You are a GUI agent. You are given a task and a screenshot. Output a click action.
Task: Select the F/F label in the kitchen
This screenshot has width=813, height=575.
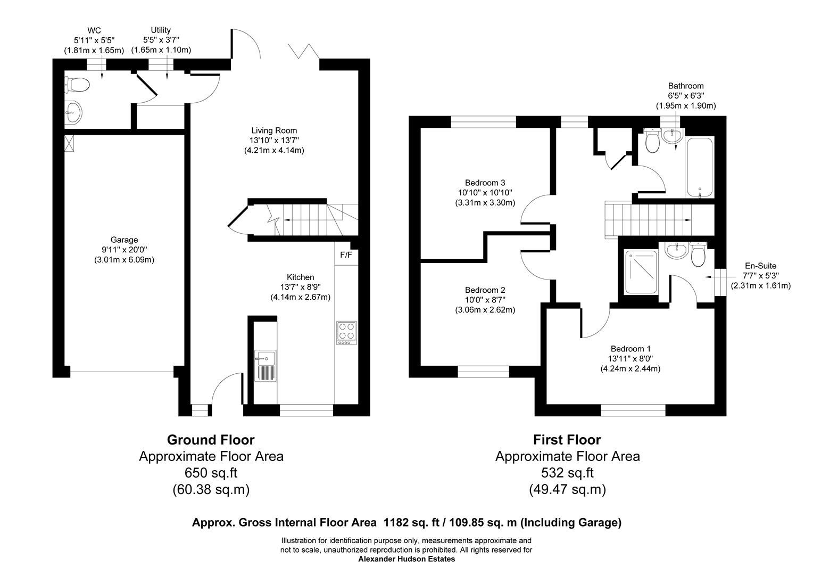point(346,255)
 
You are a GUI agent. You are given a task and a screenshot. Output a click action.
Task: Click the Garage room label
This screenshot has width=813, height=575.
point(124,240)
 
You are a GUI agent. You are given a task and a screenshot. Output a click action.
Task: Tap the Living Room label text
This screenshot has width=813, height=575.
point(274,130)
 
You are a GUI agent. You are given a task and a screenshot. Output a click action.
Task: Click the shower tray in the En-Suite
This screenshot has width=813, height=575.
point(640,273)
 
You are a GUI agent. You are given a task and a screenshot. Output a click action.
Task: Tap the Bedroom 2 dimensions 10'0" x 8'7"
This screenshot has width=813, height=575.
point(485,300)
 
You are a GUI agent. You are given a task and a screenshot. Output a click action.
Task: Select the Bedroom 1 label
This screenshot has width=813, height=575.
point(630,349)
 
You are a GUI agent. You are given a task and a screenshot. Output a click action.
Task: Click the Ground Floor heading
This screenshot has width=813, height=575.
point(211,440)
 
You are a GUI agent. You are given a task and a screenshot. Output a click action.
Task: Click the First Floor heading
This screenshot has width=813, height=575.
point(567,440)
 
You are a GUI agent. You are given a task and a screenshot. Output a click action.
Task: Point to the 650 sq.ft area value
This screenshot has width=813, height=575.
point(211,473)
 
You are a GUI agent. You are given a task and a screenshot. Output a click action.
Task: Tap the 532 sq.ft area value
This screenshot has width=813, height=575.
point(567,473)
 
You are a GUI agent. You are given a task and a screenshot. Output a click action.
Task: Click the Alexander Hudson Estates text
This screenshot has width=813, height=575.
point(407,559)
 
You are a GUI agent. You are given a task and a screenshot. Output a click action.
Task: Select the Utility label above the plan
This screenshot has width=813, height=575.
point(161,30)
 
